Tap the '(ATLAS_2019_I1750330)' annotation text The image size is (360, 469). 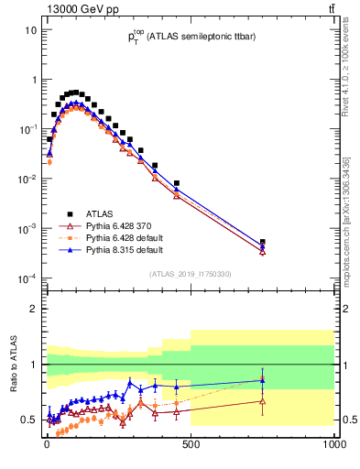pos(190,273)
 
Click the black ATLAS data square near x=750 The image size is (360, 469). pos(263,243)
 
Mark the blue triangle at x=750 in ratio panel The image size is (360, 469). pos(263,380)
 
